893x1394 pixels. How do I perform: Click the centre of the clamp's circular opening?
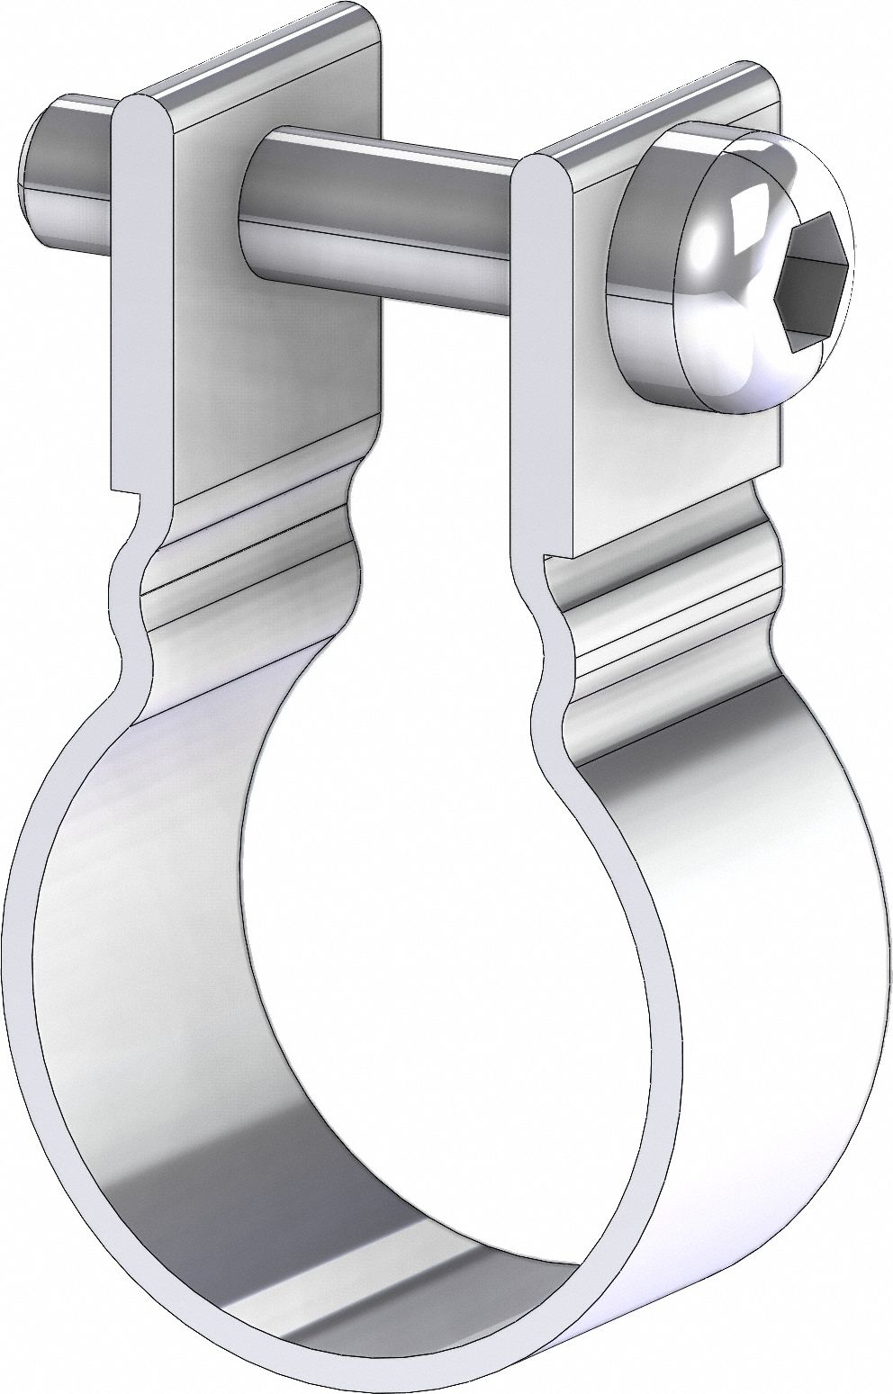(x=441, y=954)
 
